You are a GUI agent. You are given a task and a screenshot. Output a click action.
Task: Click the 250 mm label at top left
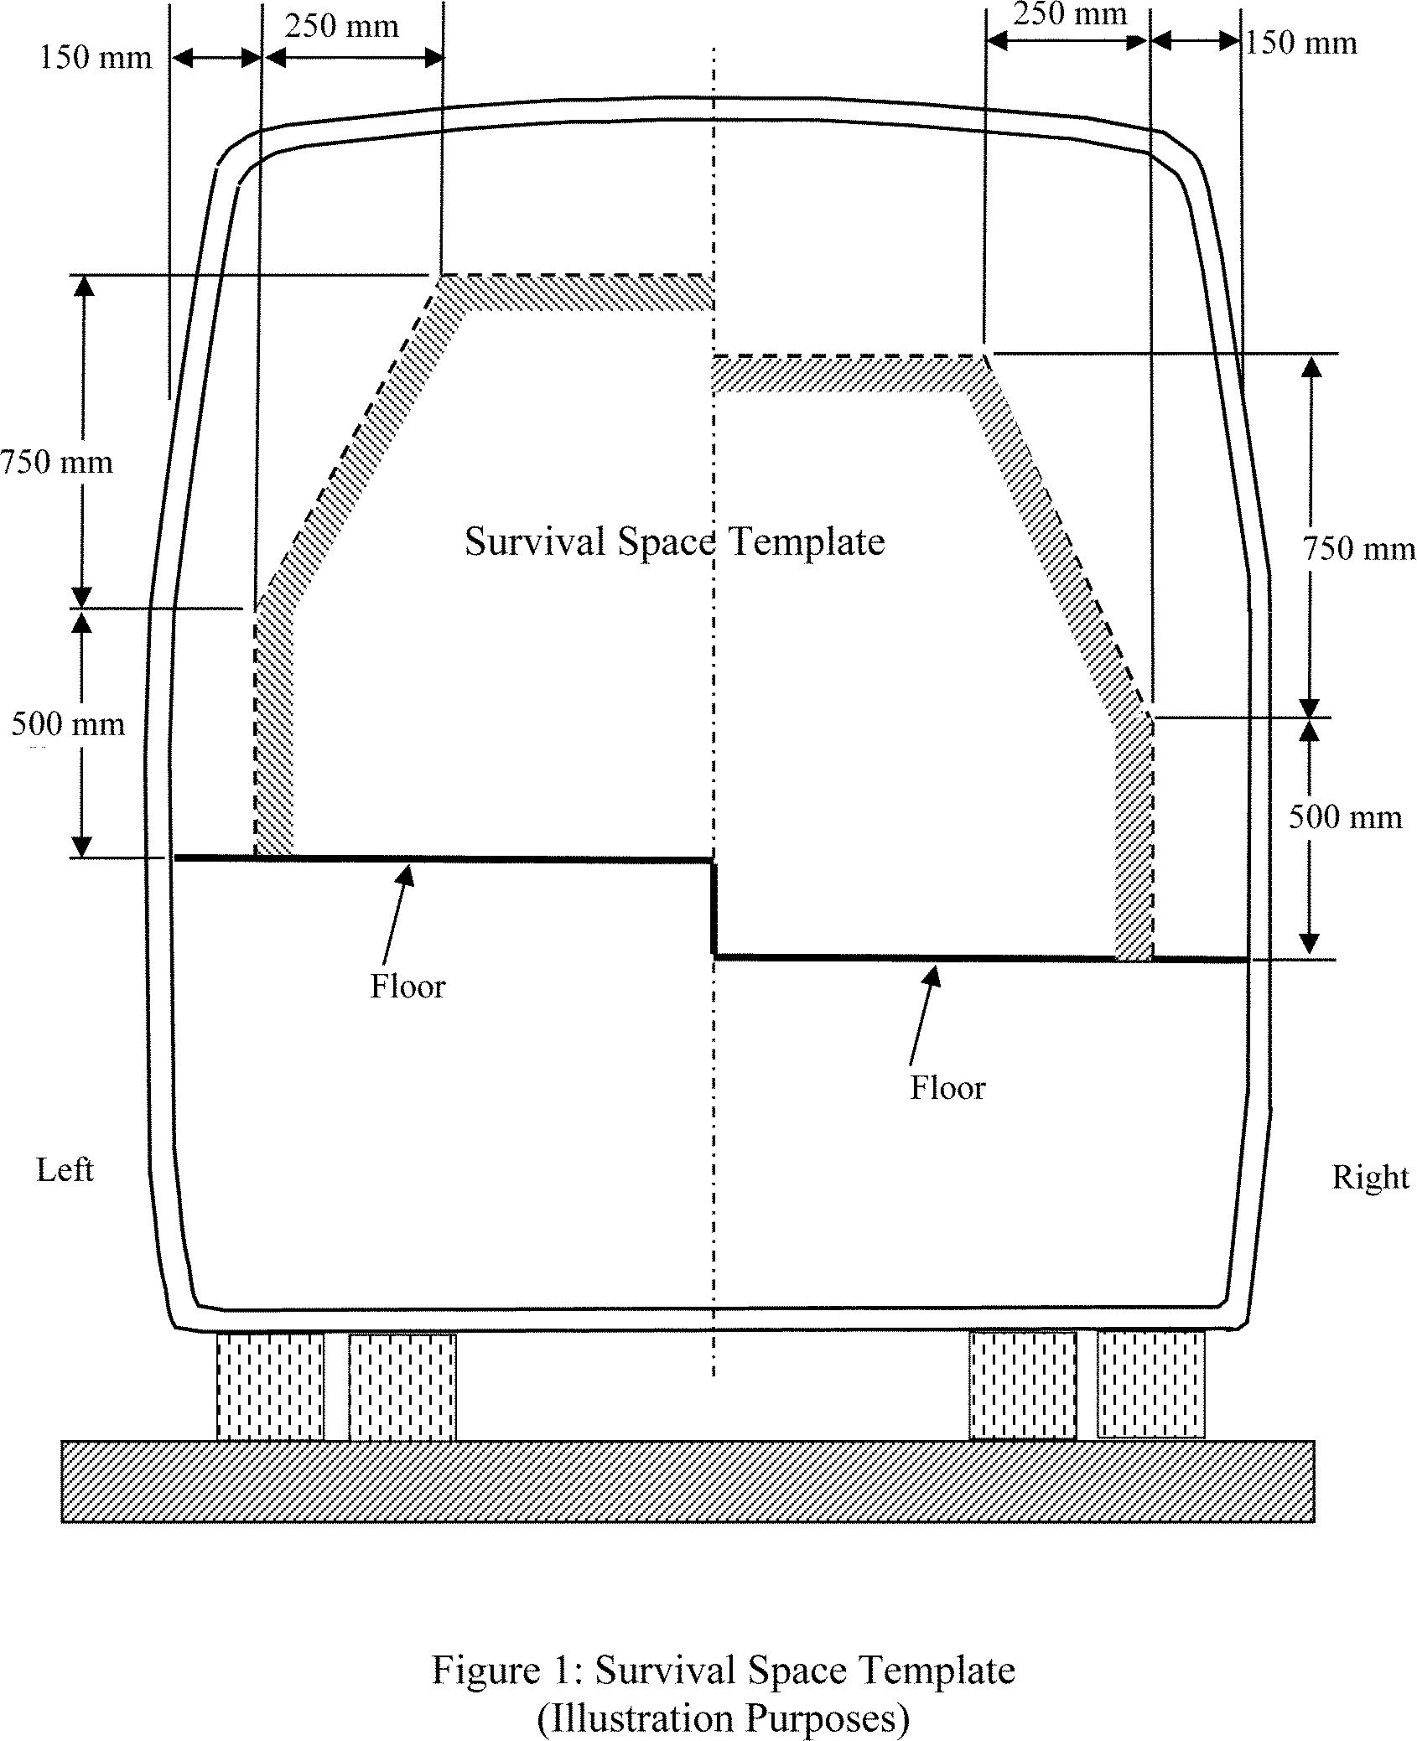pyautogui.click(x=341, y=28)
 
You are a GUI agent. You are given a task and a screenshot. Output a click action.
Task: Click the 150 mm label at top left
pyautogui.click(x=96, y=58)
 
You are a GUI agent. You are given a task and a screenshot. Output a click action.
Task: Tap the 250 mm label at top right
pyautogui.click(x=1069, y=14)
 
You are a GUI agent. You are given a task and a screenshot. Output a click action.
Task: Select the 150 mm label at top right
pyautogui.click(x=1300, y=43)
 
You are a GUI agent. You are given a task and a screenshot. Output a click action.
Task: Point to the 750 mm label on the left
pyautogui.click(x=56, y=463)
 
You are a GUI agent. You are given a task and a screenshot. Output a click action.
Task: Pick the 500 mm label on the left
pyautogui.click(x=68, y=724)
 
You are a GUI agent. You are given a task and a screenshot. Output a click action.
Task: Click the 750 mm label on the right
pyautogui.click(x=1358, y=549)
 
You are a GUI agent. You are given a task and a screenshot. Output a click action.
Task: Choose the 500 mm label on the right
pyautogui.click(x=1345, y=817)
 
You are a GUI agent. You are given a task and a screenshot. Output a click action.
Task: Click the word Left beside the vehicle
pyautogui.click(x=65, y=1169)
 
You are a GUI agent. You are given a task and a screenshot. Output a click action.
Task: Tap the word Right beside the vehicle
pyautogui.click(x=1370, y=1178)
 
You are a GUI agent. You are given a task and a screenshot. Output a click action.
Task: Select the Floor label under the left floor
pyautogui.click(x=407, y=987)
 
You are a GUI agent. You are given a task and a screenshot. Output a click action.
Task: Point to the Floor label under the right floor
pyautogui.click(x=947, y=1088)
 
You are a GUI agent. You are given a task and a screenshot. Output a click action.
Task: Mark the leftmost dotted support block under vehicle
pyautogui.click(x=270, y=1386)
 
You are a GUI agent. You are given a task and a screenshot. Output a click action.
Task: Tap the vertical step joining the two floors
pyautogui.click(x=714, y=908)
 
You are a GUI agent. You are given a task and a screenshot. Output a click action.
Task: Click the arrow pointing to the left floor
pyautogui.click(x=396, y=914)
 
